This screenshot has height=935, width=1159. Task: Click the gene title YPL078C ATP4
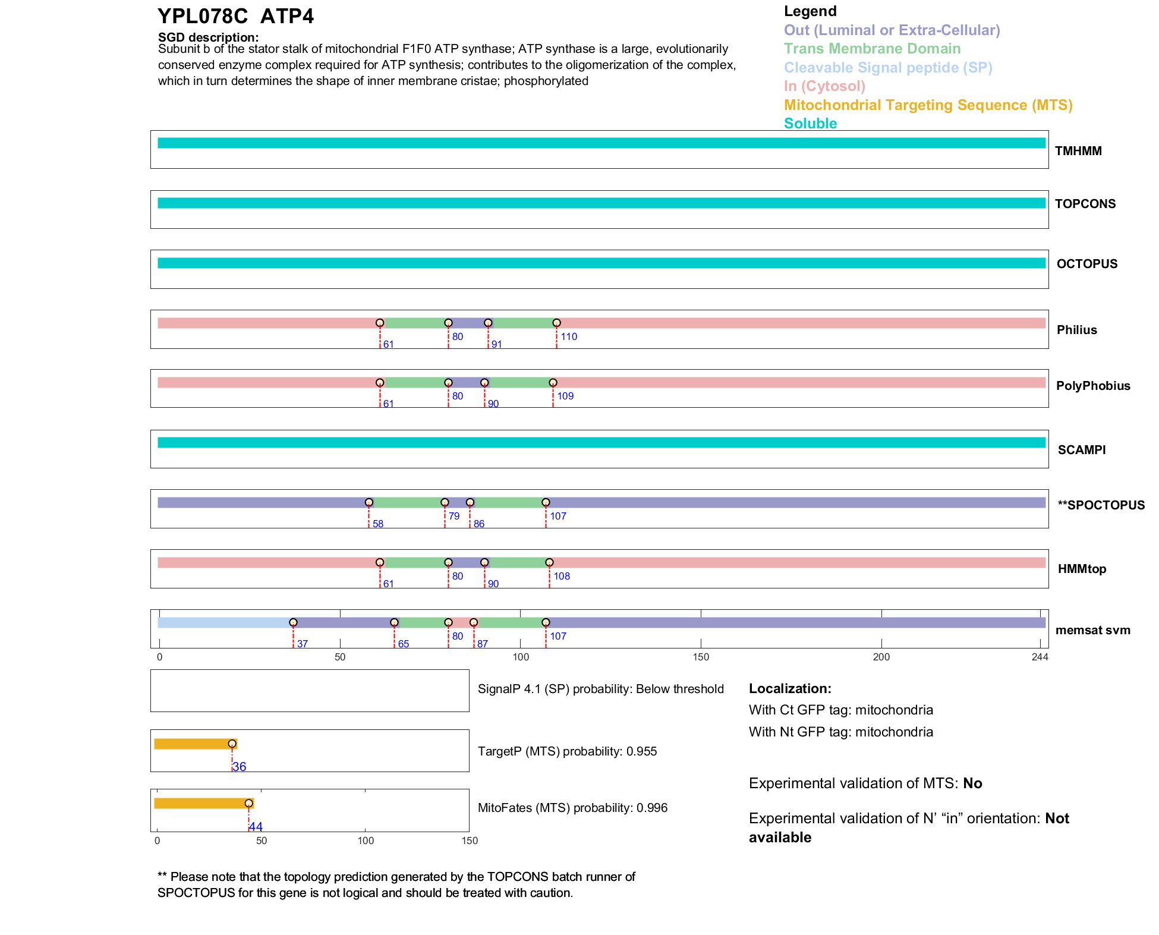235,17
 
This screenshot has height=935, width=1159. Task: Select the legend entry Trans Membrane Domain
872,49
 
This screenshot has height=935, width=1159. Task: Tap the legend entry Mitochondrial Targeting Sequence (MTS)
928,105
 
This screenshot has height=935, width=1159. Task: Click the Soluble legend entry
810,124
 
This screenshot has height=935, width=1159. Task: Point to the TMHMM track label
1078,151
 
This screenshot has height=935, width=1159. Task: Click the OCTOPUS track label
1086,264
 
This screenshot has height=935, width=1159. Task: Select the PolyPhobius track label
1092,386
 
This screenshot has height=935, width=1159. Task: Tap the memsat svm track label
1092,630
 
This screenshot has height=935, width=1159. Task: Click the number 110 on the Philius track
569,336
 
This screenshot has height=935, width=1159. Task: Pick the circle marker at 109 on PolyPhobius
553,383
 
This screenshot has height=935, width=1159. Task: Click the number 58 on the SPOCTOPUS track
378,524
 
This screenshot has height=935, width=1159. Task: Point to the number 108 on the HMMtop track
562,576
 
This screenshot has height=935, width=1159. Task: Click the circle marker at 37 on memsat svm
293,622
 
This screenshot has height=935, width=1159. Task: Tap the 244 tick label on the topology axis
1040,657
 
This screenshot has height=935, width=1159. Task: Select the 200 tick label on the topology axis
881,657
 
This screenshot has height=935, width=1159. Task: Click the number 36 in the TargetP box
240,767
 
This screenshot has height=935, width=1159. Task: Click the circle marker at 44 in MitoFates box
248,804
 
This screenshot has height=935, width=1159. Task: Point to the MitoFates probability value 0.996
652,808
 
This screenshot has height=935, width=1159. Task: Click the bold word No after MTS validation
972,783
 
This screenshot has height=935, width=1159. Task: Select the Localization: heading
790,689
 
